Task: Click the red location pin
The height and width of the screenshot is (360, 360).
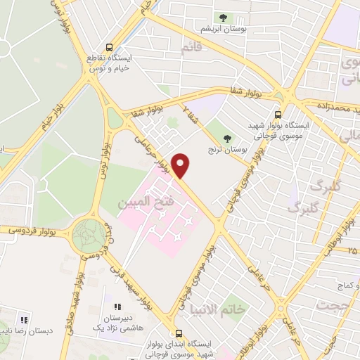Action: tap(181, 165)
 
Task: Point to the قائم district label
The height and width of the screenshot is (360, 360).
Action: tap(191, 48)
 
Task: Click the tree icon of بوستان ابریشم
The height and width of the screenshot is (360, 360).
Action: tap(223, 18)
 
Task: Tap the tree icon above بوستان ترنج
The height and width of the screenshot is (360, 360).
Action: tap(226, 139)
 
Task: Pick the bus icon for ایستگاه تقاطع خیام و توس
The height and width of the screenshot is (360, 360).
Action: tap(108, 41)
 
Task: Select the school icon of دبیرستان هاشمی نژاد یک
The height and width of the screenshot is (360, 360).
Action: tap(118, 307)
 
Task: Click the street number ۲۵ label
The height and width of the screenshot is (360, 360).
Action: tap(352, 250)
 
